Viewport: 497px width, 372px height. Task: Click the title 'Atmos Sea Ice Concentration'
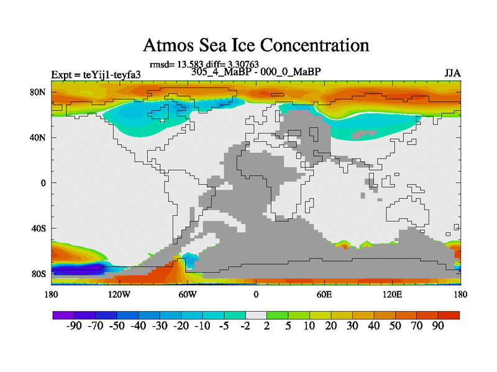click(x=256, y=45)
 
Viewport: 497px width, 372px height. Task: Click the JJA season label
click(x=452, y=73)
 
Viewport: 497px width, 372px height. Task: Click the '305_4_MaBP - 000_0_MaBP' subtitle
click(x=256, y=71)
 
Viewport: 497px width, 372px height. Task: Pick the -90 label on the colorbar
click(x=74, y=327)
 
